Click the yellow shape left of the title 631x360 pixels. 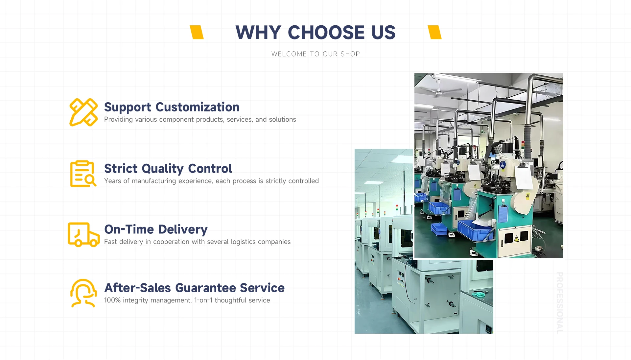[197, 32]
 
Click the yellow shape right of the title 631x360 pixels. [434, 32]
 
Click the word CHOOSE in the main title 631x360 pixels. [326, 33]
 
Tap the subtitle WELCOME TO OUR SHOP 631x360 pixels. [315, 54]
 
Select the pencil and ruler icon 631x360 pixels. [83, 112]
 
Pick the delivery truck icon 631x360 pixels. [83, 234]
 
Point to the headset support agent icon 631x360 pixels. [83, 293]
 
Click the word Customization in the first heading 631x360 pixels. [197, 107]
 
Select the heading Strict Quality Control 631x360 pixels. [168, 169]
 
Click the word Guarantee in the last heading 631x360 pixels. [206, 288]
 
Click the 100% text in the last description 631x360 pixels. [112, 300]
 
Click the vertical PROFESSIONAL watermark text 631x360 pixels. [560, 303]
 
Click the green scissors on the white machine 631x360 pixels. [480, 293]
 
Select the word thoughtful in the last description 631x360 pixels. [230, 300]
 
